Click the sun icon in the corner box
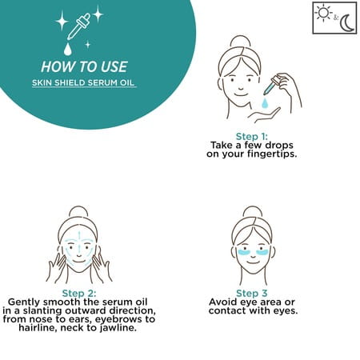[323, 13]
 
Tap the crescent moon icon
[346, 23]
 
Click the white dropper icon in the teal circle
[78, 26]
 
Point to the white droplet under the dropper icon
[68, 50]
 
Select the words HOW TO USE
[84, 66]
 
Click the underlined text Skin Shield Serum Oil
[83, 82]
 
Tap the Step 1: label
[251, 137]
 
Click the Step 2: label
[79, 294]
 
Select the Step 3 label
[251, 294]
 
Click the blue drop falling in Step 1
[265, 103]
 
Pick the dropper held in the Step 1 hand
[272, 85]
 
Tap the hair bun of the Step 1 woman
[241, 42]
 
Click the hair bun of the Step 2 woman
[78, 212]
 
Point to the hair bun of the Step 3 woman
[253, 212]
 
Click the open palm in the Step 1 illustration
[264, 114]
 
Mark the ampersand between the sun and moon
[336, 18]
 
